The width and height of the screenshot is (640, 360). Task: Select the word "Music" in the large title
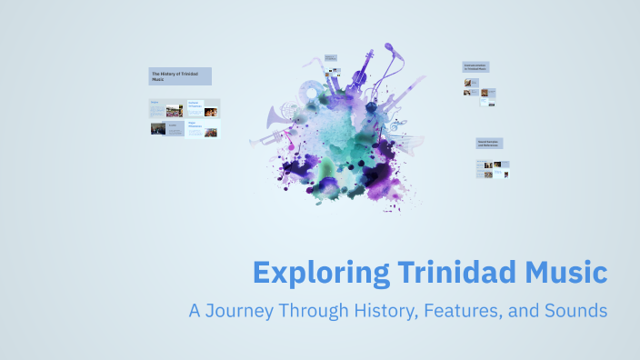point(564,272)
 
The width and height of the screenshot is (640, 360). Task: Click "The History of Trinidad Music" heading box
point(180,76)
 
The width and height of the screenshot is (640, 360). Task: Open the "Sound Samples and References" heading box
point(490,144)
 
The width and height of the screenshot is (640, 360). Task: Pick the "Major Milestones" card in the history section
point(203,129)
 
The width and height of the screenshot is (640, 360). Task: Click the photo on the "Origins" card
point(174,111)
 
